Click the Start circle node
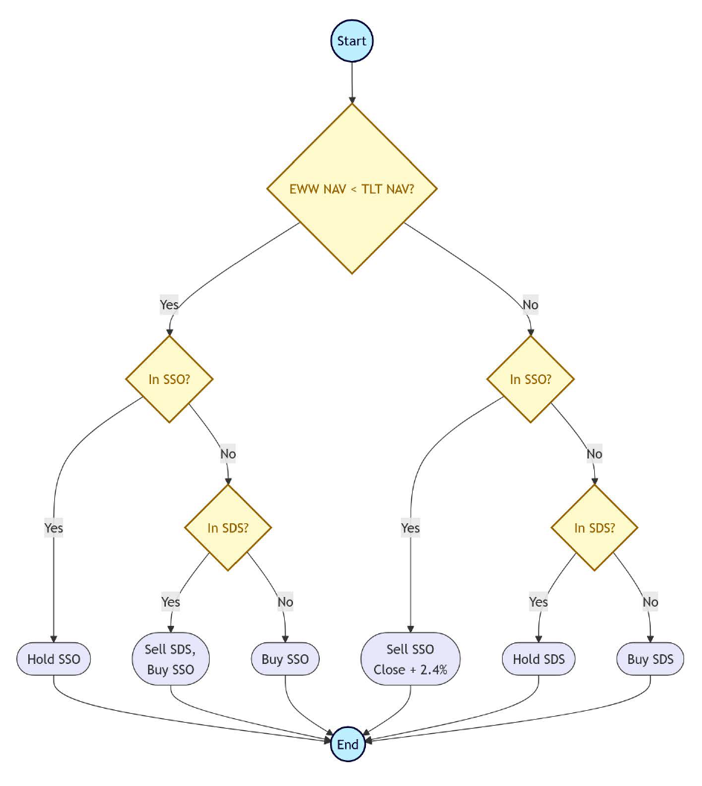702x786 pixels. point(352,41)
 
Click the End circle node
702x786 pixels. point(348,744)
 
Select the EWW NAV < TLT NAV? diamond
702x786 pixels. point(352,188)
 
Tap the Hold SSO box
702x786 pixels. point(54,659)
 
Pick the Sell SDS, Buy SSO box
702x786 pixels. point(171,659)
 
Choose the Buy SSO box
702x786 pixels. point(286,659)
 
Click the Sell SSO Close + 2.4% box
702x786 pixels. point(410,659)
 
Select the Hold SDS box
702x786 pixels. point(538,659)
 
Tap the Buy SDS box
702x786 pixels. point(650,659)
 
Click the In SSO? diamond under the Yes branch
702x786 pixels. point(170,379)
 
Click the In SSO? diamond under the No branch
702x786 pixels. point(530,379)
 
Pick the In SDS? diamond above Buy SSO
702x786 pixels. point(228,528)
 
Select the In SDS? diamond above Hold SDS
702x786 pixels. point(594,528)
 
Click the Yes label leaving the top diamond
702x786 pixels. point(170,304)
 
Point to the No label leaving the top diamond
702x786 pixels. point(529,304)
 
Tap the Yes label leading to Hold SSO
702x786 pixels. point(54,528)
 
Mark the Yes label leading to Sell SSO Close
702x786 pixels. point(410,528)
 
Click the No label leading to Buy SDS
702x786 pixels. point(650,601)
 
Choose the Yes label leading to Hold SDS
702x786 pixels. point(538,601)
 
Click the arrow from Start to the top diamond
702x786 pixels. point(352,82)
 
